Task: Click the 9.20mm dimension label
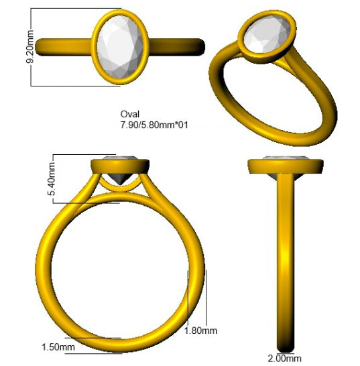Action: pyautogui.click(x=30, y=47)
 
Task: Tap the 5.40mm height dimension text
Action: pyautogui.click(x=52, y=179)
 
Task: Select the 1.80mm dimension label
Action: pyautogui.click(x=200, y=330)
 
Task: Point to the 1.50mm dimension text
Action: pyautogui.click(x=58, y=347)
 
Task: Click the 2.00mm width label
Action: pyautogui.click(x=285, y=359)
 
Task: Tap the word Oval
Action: pyautogui.click(x=130, y=114)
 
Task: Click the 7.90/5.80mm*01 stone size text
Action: pyautogui.click(x=154, y=125)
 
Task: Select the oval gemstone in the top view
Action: pyautogui.click(x=120, y=47)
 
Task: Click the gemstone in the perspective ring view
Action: pyautogui.click(x=267, y=35)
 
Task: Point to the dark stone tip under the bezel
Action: pyautogui.click(x=119, y=179)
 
